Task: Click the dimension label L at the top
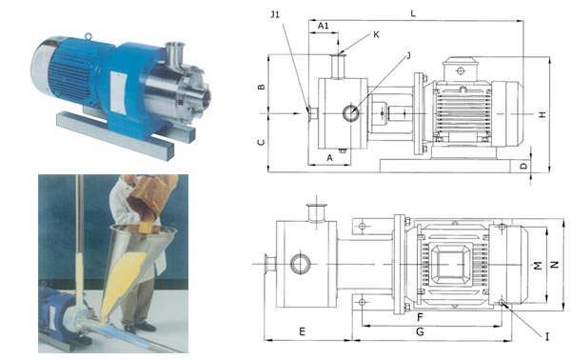pyautogui.click(x=413, y=13)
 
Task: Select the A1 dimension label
pyautogui.click(x=324, y=26)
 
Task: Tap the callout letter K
pyautogui.click(x=376, y=34)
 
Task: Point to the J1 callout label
pyautogui.click(x=275, y=14)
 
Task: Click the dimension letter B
pyautogui.click(x=261, y=87)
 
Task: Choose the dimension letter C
pyautogui.click(x=261, y=142)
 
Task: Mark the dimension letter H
pyautogui.click(x=542, y=114)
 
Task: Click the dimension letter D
pyautogui.click(x=523, y=166)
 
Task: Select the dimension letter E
pyautogui.click(x=302, y=331)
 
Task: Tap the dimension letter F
pyautogui.click(x=420, y=317)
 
